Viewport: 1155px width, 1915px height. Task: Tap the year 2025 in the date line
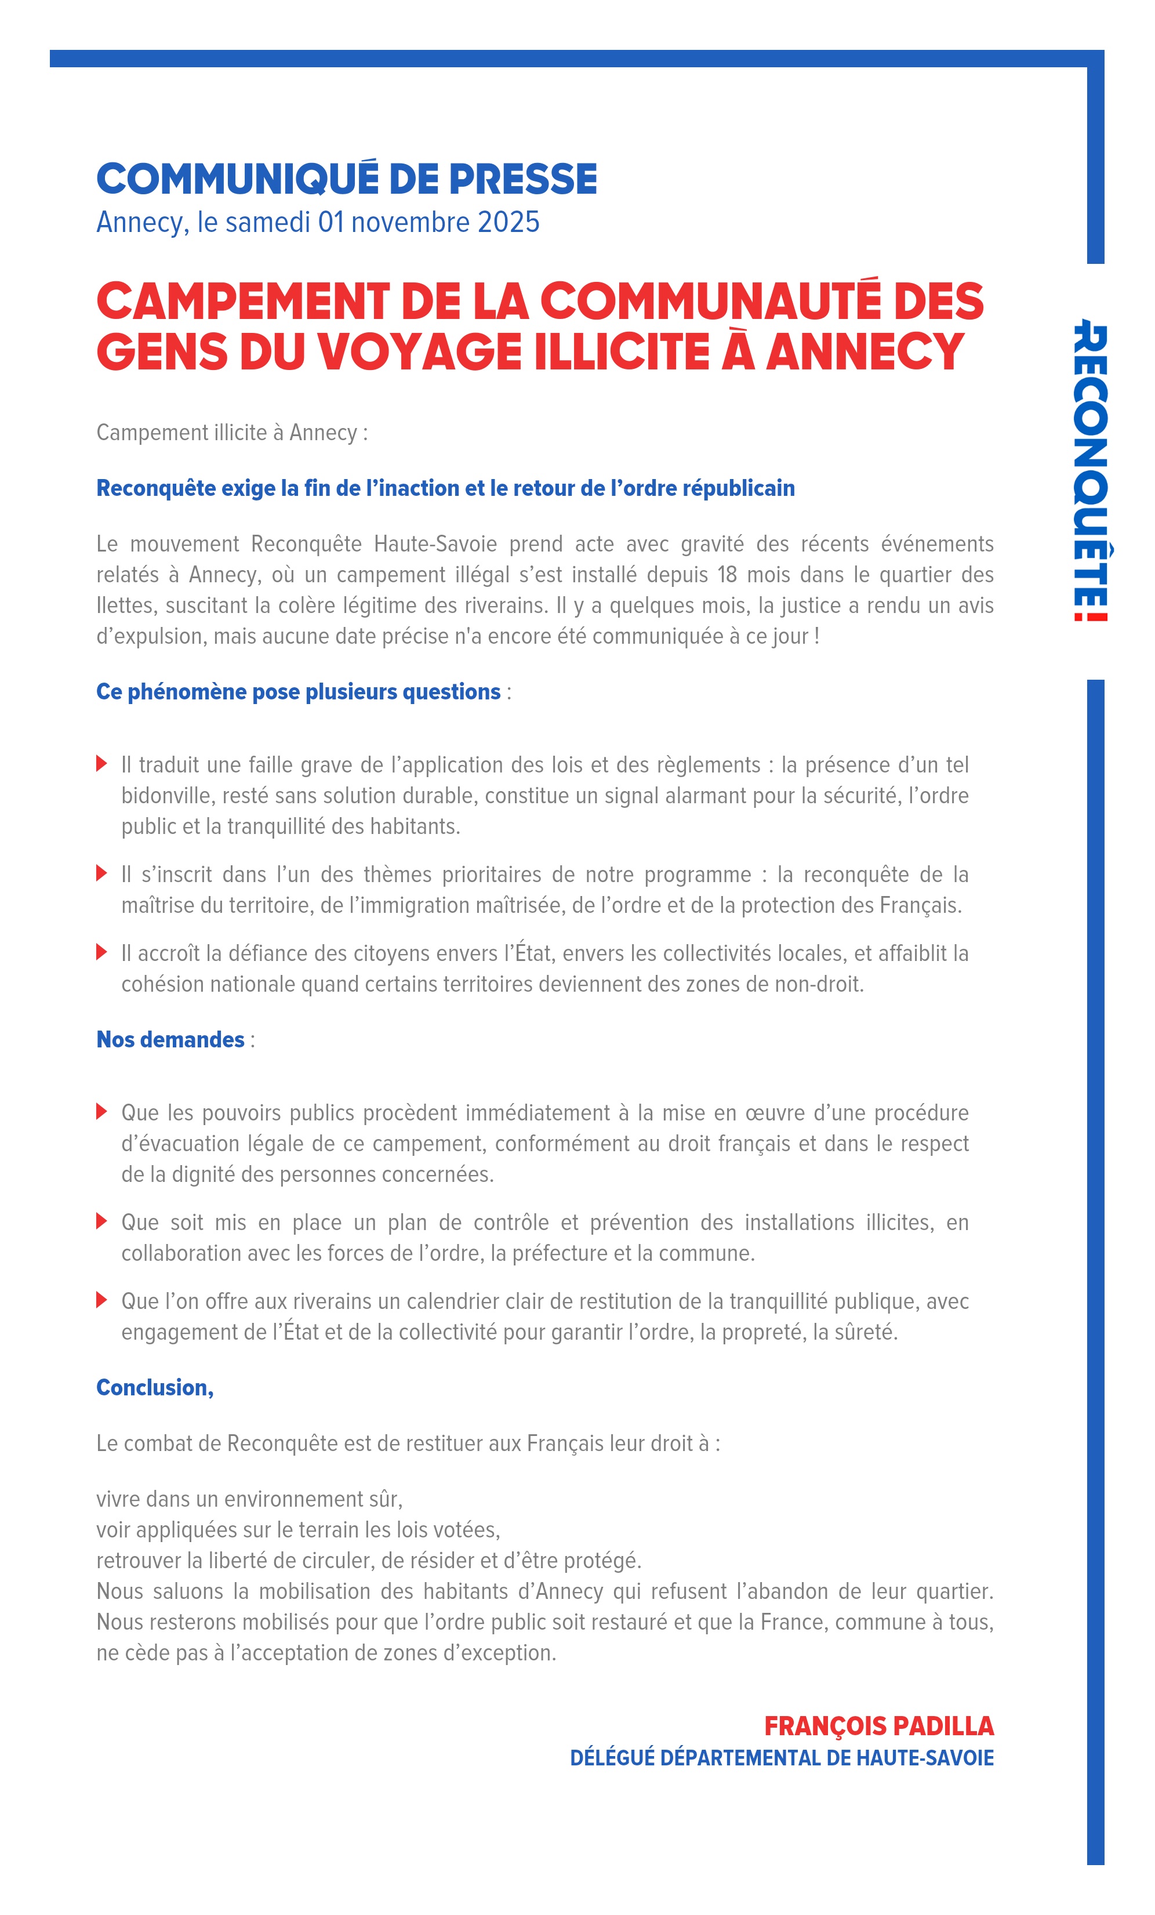click(509, 222)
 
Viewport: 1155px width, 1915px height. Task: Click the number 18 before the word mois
click(727, 574)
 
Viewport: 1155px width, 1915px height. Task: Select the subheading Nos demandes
click(170, 1039)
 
